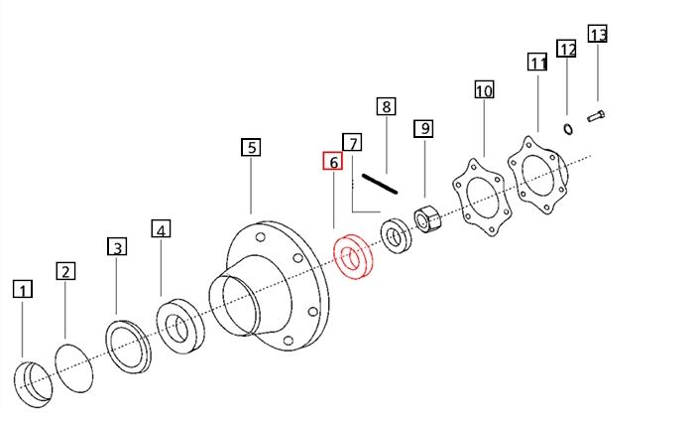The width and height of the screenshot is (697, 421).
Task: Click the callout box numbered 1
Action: [23, 290]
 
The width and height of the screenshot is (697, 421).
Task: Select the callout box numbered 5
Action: [251, 148]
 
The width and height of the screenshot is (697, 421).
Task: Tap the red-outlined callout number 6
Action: [332, 162]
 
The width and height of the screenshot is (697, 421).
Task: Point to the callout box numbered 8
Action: [386, 106]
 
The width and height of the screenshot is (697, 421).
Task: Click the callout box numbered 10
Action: [483, 91]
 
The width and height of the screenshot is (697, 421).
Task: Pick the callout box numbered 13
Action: [597, 35]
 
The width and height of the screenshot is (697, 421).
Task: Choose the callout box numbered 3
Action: [117, 247]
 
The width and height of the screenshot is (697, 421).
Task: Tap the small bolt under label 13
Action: [596, 117]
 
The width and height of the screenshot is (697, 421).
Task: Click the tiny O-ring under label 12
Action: [568, 128]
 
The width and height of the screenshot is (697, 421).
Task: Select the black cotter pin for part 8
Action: [379, 184]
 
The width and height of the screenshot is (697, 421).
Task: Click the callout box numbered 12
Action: [566, 49]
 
